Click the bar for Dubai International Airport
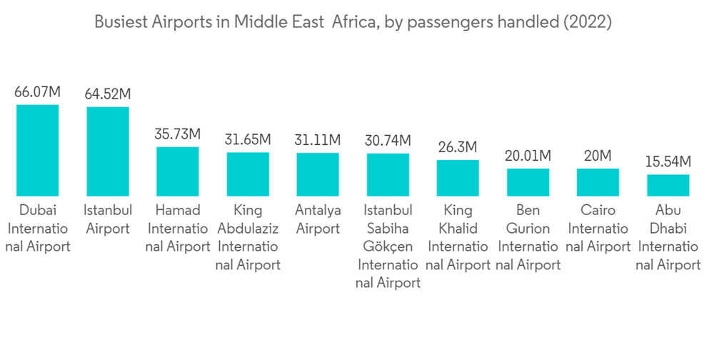[x=38, y=150]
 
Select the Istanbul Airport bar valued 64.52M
[x=108, y=151]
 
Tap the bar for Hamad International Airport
[x=178, y=171]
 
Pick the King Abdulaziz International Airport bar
[x=248, y=174]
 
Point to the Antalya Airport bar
[x=318, y=174]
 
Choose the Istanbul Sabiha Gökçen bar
[x=388, y=174]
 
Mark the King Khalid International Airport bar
[x=458, y=178]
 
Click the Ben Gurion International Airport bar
[x=528, y=182]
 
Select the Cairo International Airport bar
[x=598, y=182]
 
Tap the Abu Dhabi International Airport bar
[x=668, y=185]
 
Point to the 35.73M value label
[x=178, y=134]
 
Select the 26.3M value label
[x=458, y=147]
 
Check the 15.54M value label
[x=668, y=161]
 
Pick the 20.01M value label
[x=528, y=155]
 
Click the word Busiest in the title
[x=121, y=22]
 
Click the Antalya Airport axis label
[x=318, y=219]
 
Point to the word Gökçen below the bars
[x=388, y=247]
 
